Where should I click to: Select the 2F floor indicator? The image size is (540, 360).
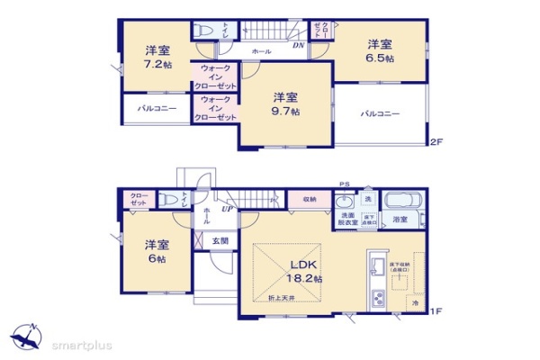436,142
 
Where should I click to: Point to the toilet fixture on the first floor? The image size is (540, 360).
169,201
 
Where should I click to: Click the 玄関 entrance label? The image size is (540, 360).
220,240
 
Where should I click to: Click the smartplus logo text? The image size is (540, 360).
80,343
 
